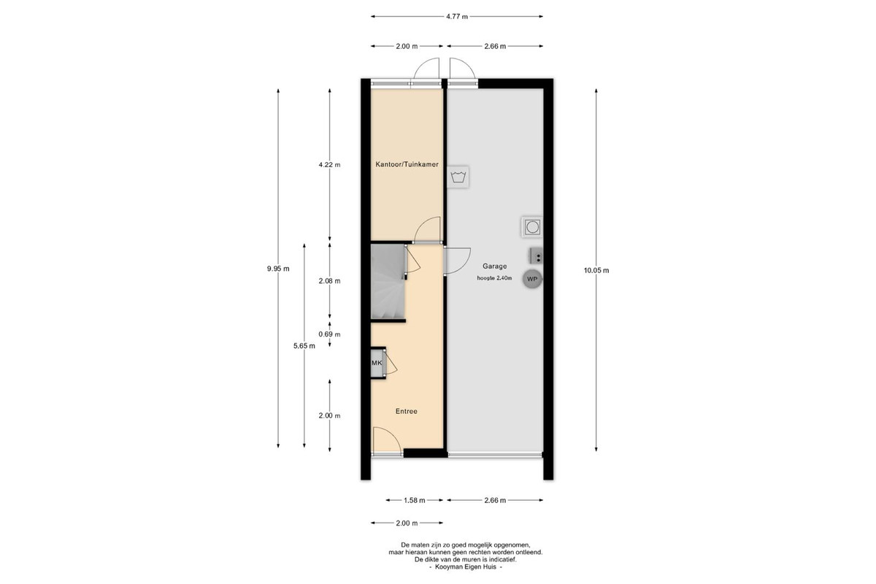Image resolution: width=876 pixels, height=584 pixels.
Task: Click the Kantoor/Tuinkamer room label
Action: tap(407, 164)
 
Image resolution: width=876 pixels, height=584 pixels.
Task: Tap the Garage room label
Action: tap(494, 266)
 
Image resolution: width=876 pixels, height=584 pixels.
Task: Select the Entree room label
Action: tap(407, 411)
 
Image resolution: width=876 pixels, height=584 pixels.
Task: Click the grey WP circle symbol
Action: tap(532, 279)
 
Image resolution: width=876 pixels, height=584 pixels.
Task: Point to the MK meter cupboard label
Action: tap(377, 363)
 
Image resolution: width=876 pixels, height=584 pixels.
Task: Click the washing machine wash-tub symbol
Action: tap(458, 177)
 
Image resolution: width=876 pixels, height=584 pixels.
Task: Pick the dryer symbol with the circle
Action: tap(532, 227)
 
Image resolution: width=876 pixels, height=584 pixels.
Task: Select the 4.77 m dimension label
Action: tap(457, 17)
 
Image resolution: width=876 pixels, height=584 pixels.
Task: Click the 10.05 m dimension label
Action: tap(596, 270)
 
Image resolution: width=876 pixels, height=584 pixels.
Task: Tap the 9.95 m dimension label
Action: tap(278, 269)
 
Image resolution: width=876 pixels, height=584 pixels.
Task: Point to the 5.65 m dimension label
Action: tap(304, 346)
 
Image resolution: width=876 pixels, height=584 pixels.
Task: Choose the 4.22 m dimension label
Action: tap(329, 165)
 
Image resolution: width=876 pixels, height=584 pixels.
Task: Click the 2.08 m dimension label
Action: tap(329, 281)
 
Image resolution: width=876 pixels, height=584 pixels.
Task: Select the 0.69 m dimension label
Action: tap(329, 334)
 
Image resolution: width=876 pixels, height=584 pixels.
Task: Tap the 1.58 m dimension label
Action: tap(414, 500)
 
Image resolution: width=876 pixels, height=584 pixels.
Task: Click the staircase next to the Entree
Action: tap(387, 282)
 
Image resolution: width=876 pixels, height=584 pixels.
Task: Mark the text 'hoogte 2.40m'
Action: tap(494, 278)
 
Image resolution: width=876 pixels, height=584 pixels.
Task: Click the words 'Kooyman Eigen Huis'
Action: tap(466, 566)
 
